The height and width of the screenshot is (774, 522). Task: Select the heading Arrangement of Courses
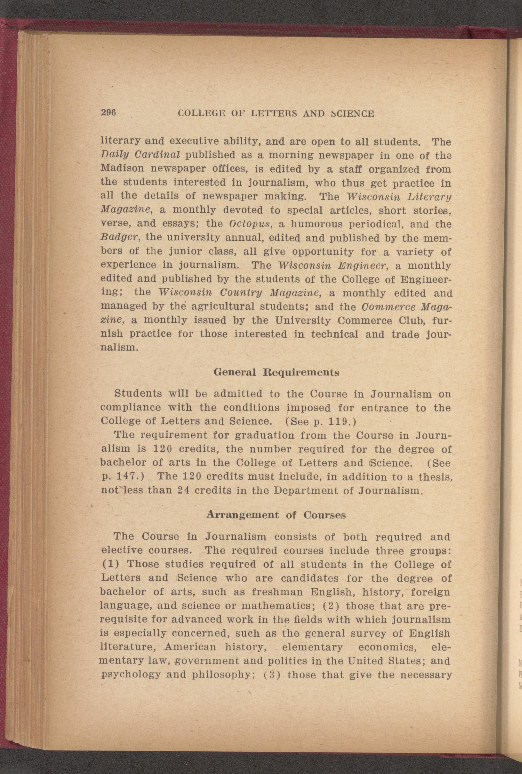click(276, 515)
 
